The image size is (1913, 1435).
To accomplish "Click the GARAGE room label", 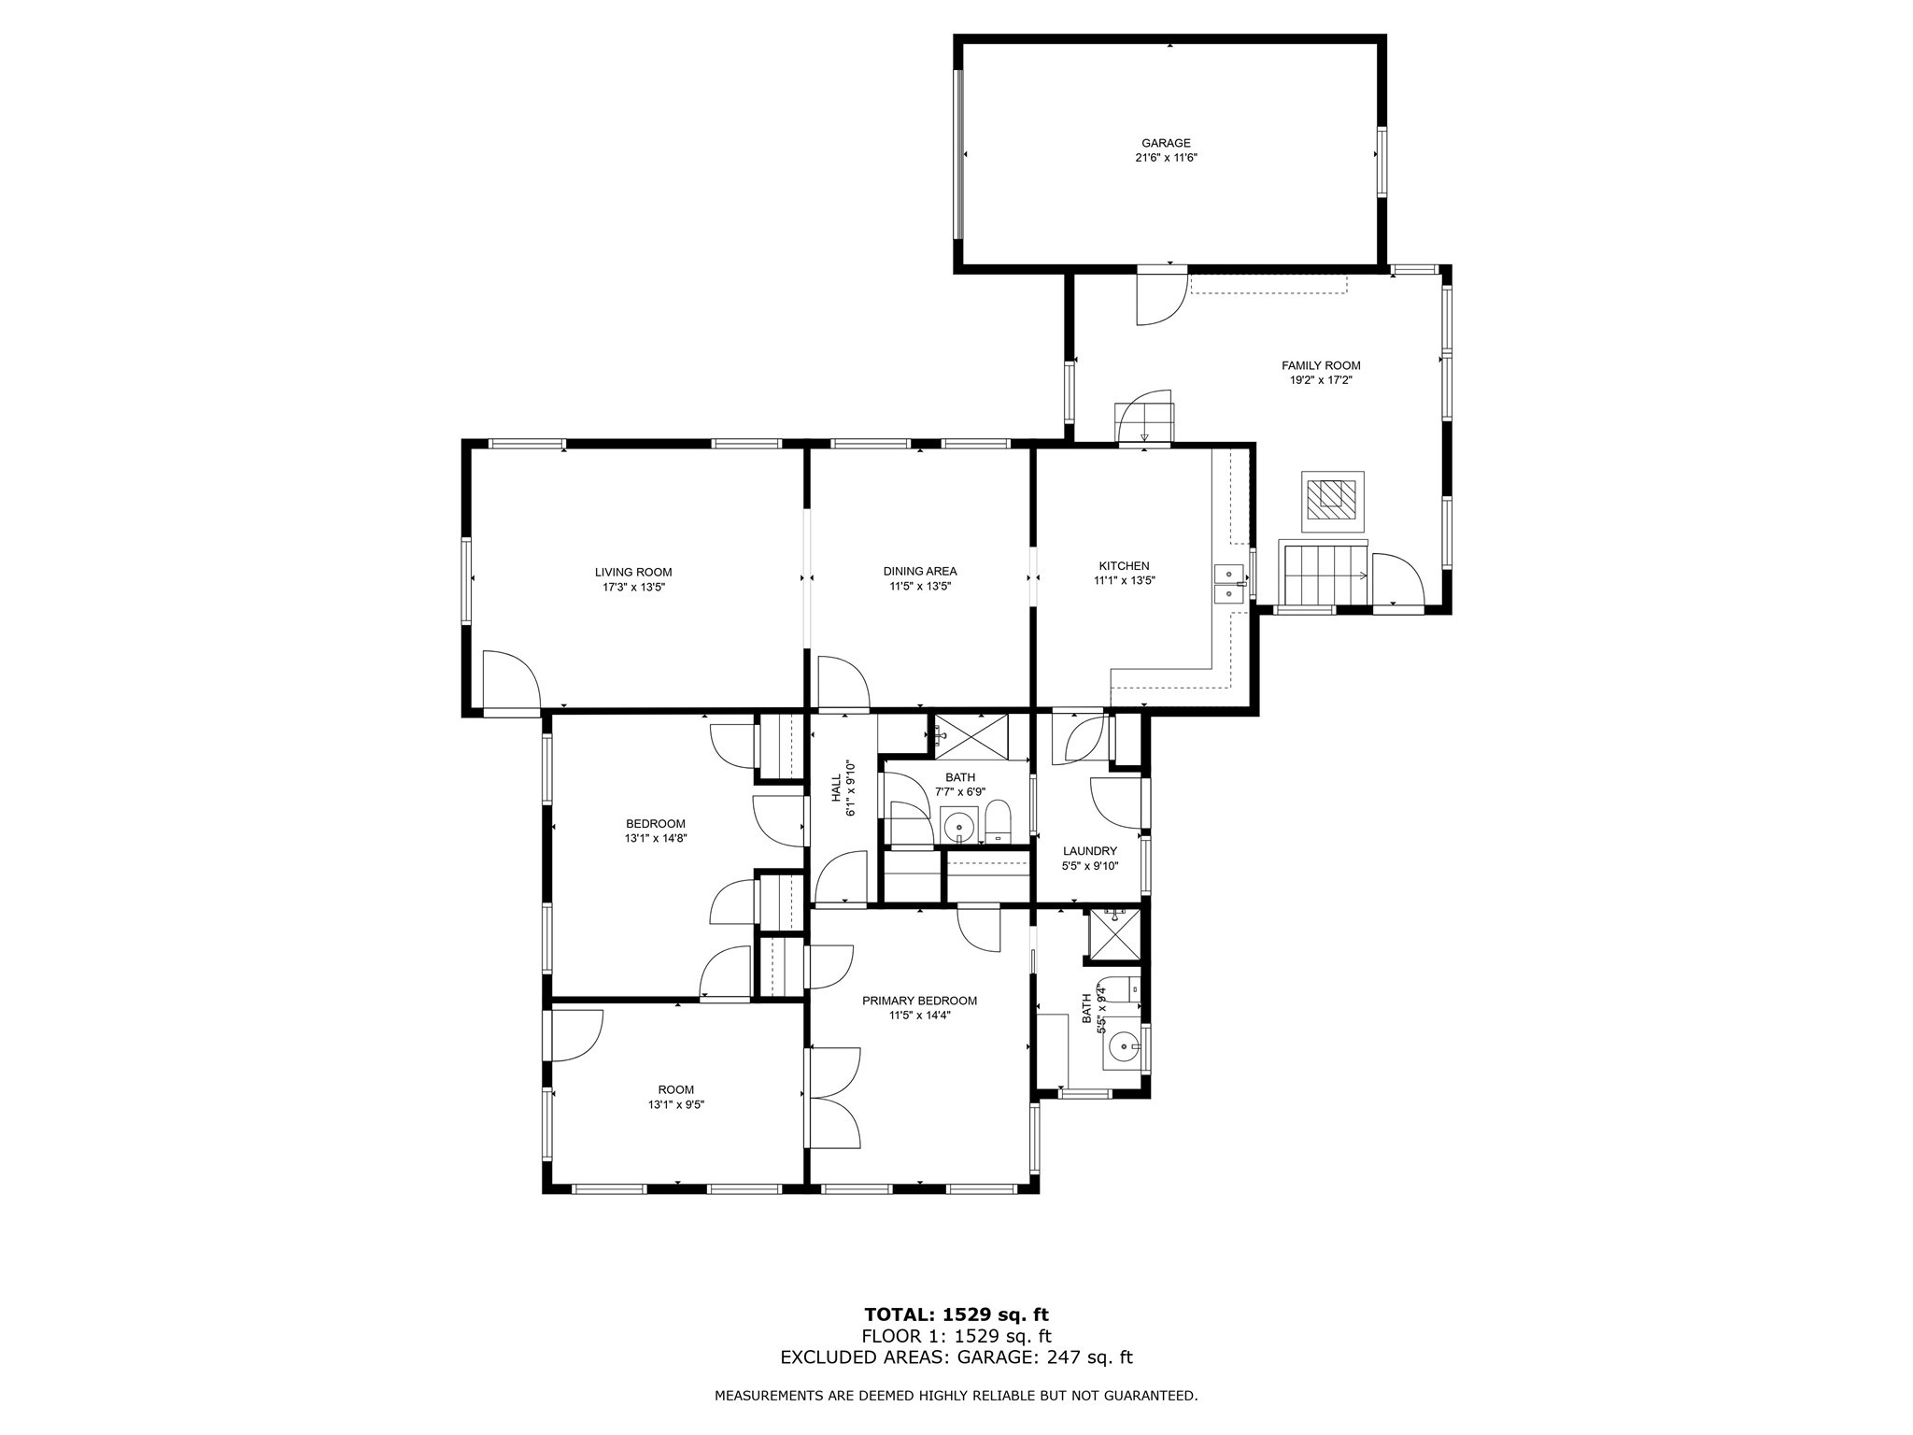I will click(1166, 143).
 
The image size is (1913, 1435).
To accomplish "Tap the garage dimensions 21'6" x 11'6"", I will click(1166, 158).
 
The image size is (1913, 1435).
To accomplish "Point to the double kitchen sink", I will click(1229, 583).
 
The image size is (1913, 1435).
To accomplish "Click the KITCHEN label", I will click(1124, 565).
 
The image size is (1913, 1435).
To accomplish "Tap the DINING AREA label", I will click(920, 571).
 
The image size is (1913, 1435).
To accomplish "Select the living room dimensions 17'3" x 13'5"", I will click(633, 587).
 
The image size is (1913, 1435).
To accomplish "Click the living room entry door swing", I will click(509, 679).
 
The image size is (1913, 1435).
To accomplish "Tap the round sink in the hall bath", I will click(958, 827).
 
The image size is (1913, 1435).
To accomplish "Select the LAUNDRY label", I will click(1089, 851).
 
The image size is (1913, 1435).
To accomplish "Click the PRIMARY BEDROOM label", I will click(919, 1001).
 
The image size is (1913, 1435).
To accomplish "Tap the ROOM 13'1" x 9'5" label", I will click(675, 1089).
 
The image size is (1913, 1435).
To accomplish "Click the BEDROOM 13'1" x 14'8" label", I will click(656, 823).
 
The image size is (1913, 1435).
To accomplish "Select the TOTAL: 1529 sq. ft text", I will click(956, 1314).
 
